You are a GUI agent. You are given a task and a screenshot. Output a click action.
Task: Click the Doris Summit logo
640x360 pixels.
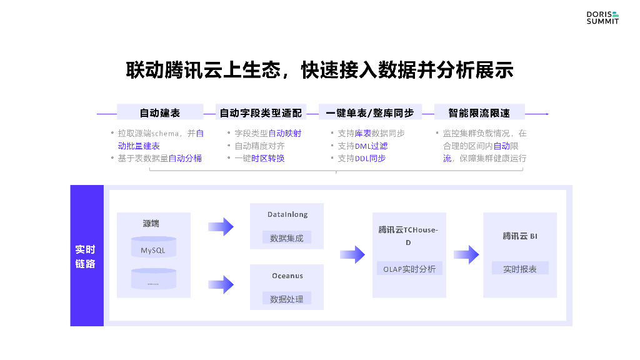coord(602,17)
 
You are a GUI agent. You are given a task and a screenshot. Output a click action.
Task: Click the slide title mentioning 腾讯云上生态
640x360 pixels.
coord(320,70)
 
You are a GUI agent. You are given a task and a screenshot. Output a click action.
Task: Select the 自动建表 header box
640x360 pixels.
coord(160,113)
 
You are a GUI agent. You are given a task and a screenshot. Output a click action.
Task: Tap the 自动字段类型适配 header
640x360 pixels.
coord(261,113)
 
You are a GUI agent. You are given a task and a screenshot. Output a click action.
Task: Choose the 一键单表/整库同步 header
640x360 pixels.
coord(370,113)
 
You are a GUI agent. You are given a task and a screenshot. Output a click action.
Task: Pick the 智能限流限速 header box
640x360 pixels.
coord(479,113)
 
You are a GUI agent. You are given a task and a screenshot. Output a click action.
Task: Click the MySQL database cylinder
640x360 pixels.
coord(153,248)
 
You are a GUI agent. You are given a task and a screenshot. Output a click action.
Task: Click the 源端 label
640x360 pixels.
coord(151,223)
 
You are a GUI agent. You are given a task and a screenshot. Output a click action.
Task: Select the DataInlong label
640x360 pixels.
coord(287,214)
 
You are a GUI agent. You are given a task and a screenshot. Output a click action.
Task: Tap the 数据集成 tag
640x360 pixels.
coord(287,238)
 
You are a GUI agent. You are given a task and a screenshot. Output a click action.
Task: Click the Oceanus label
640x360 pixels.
coord(287,276)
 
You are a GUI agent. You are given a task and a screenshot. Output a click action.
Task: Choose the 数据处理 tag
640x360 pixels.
coord(287,299)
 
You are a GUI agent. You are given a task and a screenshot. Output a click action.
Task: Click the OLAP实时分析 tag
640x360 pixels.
coord(409,269)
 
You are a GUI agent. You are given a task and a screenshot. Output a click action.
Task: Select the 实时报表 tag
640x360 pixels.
coord(520,269)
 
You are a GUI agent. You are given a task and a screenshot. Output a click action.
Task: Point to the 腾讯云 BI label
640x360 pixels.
coord(520,236)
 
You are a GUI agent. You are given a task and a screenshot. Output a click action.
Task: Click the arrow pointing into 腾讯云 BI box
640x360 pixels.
coord(466,254)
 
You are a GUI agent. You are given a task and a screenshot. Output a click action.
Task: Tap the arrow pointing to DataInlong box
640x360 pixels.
coord(221,226)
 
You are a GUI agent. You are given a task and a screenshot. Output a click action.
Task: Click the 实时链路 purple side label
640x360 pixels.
coord(86,256)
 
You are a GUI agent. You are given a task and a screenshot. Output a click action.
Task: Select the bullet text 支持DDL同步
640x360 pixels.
coord(362,158)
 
